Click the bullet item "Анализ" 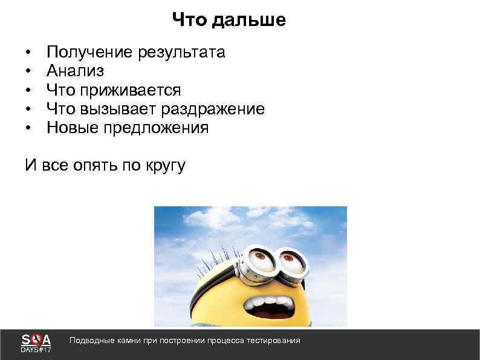click(x=75, y=71)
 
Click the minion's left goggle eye click(x=260, y=261)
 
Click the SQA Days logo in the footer click(x=36, y=344)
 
